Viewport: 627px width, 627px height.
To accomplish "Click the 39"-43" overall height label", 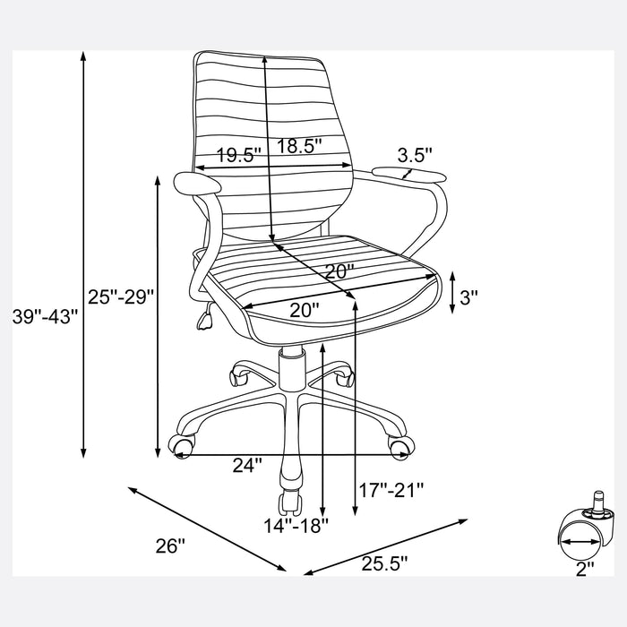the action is click(45, 317).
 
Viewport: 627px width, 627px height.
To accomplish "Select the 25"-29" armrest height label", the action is click(121, 296).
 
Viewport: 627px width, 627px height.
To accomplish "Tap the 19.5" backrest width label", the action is click(239, 155).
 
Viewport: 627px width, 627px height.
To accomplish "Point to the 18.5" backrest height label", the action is click(299, 145).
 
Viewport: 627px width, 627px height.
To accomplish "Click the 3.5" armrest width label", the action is click(415, 155).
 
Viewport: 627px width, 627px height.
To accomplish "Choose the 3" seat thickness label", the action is click(468, 297).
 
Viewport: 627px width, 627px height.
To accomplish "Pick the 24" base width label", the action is click(247, 465).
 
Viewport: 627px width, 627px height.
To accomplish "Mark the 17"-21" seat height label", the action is click(391, 490).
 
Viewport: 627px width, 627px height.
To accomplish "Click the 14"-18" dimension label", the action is click(296, 525).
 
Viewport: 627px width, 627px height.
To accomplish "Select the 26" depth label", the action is click(170, 545).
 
